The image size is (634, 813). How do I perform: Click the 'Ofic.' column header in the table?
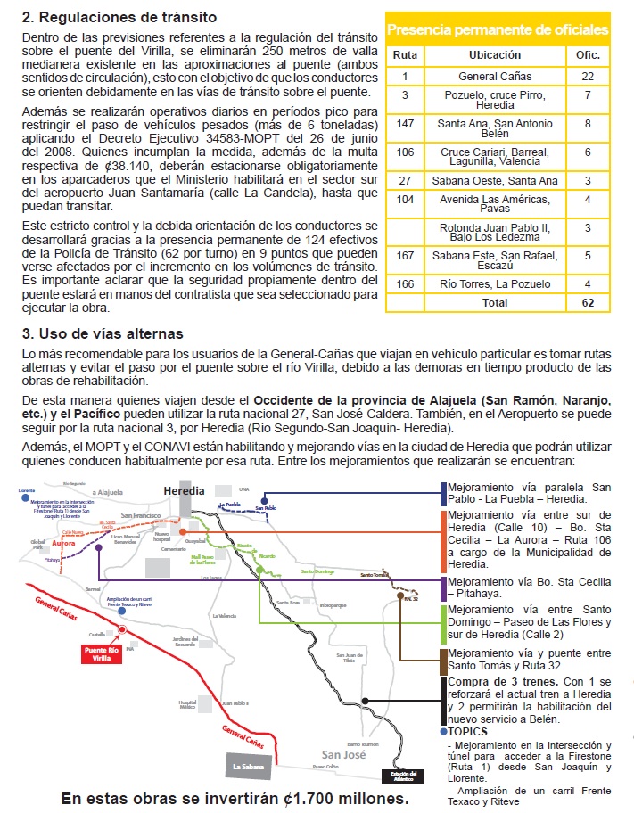pyautogui.click(x=588, y=54)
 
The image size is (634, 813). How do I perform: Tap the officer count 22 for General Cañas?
pyautogui.click(x=588, y=77)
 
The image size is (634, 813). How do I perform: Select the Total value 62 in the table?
pyautogui.click(x=588, y=303)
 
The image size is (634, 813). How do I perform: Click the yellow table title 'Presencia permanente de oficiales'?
pyautogui.click(x=498, y=30)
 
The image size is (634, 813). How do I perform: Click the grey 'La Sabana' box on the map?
pyautogui.click(x=248, y=766)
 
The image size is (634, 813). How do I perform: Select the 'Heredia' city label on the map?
pyautogui.click(x=184, y=491)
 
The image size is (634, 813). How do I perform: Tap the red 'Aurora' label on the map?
pyautogui.click(x=64, y=543)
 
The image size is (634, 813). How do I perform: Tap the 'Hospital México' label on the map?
pyautogui.click(x=186, y=705)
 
